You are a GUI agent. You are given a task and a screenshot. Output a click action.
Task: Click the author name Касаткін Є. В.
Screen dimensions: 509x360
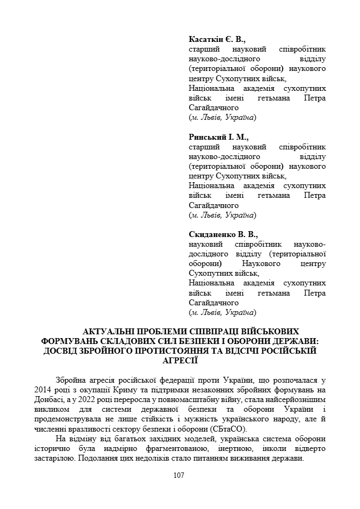pos(217,39)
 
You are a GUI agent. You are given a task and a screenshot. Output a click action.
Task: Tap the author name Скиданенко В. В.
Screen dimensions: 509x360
pos(223,234)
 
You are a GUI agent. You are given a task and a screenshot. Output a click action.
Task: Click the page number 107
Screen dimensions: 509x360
pos(179,475)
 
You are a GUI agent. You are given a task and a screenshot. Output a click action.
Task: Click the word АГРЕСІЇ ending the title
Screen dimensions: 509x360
pos(179,361)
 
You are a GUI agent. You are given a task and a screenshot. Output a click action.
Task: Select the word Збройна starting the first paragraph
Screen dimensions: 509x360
pos(70,380)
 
